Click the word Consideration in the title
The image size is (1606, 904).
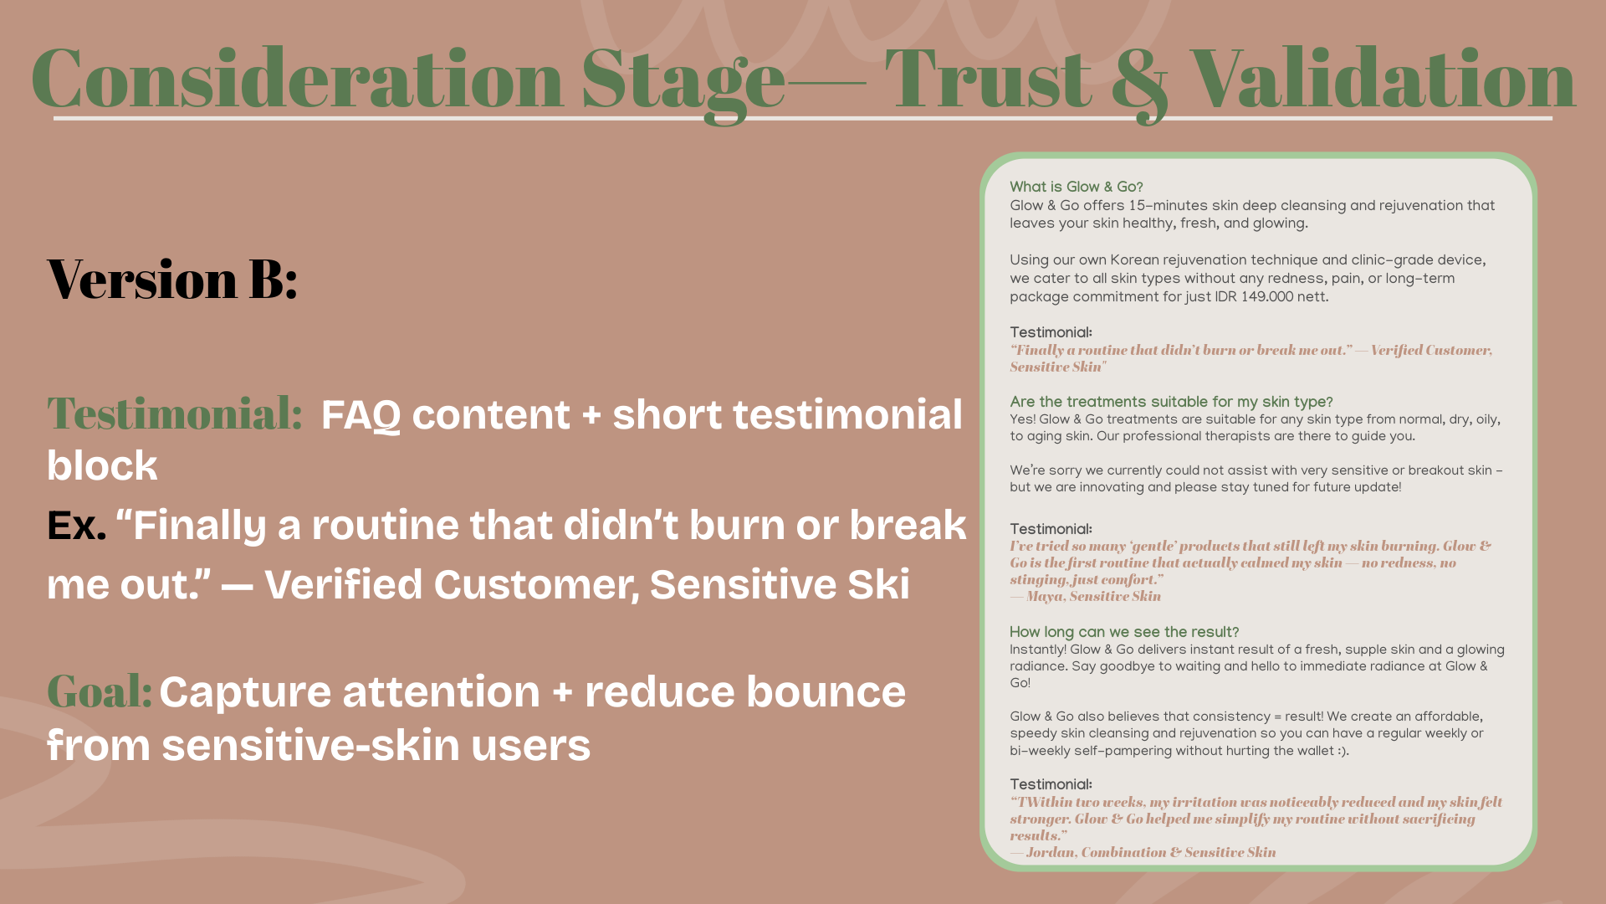(297, 80)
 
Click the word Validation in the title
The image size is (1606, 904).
(1382, 80)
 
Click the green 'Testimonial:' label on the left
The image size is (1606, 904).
(175, 413)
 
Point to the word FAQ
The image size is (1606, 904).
(361, 415)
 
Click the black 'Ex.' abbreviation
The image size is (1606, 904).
(76, 526)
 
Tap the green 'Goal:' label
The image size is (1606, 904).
(99, 691)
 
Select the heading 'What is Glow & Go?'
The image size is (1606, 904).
(1076, 187)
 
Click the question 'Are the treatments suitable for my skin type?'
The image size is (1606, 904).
(1171, 402)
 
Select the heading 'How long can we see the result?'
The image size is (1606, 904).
(1123, 632)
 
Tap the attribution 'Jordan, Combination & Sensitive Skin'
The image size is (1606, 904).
(1150, 852)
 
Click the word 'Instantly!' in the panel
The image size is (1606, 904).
(1037, 650)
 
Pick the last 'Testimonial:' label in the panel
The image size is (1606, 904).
(1051, 784)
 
